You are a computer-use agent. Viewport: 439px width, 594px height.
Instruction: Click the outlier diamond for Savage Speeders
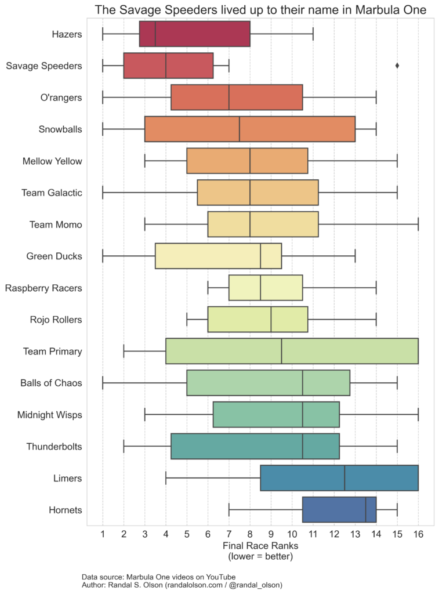tap(397, 66)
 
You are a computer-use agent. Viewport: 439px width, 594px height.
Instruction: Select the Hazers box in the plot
tap(195, 34)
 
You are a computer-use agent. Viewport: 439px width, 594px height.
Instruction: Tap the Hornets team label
tap(66, 510)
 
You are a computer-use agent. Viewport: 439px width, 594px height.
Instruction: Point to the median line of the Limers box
tap(344, 479)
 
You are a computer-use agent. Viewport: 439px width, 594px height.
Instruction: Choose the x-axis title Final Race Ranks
tap(260, 546)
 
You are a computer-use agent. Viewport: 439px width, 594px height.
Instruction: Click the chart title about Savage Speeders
tap(260, 10)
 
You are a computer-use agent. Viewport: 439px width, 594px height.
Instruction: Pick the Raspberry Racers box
tap(266, 288)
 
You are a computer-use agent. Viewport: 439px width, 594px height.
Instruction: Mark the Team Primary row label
tap(52, 352)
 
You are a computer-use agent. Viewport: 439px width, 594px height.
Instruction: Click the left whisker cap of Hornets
tap(229, 510)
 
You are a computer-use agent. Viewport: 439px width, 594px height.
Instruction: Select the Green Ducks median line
tap(260, 256)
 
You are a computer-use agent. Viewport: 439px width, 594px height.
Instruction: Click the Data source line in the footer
tap(158, 577)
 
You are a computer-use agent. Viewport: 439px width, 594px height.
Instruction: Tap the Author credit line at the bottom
tap(182, 586)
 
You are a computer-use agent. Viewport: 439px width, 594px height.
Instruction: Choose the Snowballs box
tap(249, 129)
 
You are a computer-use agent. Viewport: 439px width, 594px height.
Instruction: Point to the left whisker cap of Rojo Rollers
tap(187, 320)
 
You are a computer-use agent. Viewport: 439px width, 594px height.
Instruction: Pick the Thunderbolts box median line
tap(303, 447)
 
